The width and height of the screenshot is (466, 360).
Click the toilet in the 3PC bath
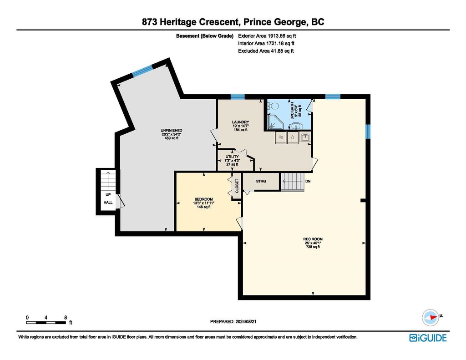tap(273, 106)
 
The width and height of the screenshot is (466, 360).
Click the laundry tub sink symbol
tap(305, 137)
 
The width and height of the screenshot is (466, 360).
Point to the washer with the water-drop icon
tap(293, 138)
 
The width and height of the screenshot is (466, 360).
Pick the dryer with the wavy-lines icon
tap(280, 138)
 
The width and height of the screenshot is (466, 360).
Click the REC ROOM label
tap(313, 239)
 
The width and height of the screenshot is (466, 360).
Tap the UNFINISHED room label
tap(171, 131)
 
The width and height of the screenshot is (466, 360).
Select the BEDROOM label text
tap(203, 199)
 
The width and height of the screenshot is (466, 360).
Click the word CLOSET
tap(237, 186)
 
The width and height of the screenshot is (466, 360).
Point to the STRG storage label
tap(261, 181)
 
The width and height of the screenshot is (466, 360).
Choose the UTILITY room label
tap(232, 157)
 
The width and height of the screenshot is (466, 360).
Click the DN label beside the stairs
tap(308, 181)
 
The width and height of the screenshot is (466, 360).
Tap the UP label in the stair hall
tap(108, 195)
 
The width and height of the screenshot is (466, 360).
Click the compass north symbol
tap(431, 317)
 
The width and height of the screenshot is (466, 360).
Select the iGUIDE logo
tap(428, 338)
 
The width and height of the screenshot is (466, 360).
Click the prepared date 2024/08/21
tap(246, 322)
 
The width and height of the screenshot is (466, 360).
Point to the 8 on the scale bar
tap(66, 318)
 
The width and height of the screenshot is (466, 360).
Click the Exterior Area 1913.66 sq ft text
tap(267, 36)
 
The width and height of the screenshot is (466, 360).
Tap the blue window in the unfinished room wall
tap(142, 71)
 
